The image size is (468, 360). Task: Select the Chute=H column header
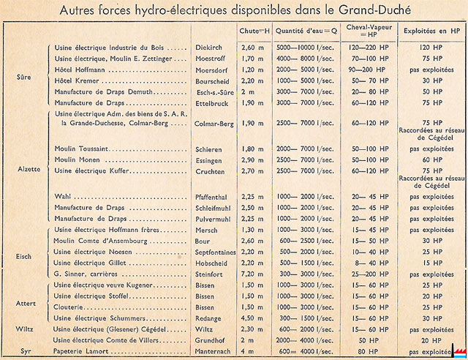254,31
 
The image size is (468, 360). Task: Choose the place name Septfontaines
216,250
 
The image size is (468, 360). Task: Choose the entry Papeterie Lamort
87,351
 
